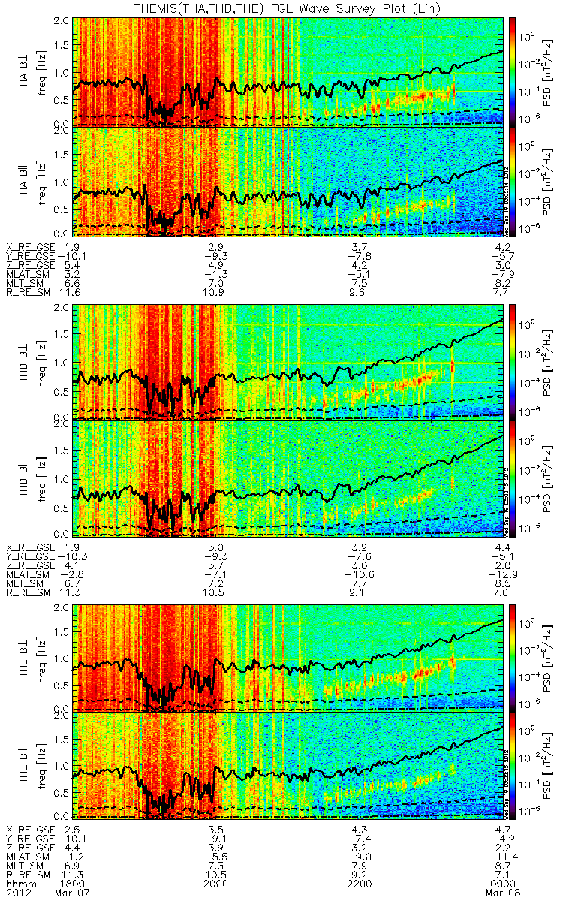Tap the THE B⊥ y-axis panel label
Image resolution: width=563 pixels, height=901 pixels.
point(24,656)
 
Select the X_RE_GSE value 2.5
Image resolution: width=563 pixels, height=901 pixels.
point(73,830)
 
